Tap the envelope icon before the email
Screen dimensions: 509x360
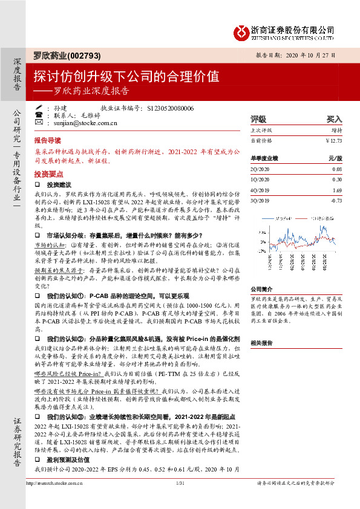39,122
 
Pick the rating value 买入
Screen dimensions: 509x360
334,119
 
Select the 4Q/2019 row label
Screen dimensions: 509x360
260,190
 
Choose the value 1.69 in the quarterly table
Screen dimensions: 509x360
337,190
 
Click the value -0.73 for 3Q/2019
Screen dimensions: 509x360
336,200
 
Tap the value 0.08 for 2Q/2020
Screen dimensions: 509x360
337,169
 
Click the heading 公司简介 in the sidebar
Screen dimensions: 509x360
263,289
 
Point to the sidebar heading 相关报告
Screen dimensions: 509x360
263,342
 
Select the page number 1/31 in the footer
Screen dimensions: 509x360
179,500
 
